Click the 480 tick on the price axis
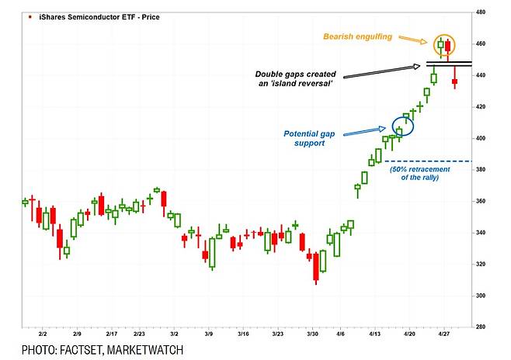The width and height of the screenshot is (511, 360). pyautogui.click(x=481, y=12)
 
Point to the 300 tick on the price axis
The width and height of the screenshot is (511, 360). pyautogui.click(x=481, y=296)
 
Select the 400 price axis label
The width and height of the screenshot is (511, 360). pyautogui.click(x=481, y=138)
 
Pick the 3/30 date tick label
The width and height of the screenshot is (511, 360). pyautogui.click(x=312, y=333)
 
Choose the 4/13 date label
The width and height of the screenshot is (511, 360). pyautogui.click(x=374, y=333)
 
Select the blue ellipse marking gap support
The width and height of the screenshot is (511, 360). pyautogui.click(x=403, y=125)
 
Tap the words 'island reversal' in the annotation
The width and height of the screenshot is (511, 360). pyautogui.click(x=302, y=84)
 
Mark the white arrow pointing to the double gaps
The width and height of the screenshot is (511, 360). pyautogui.click(x=381, y=71)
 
